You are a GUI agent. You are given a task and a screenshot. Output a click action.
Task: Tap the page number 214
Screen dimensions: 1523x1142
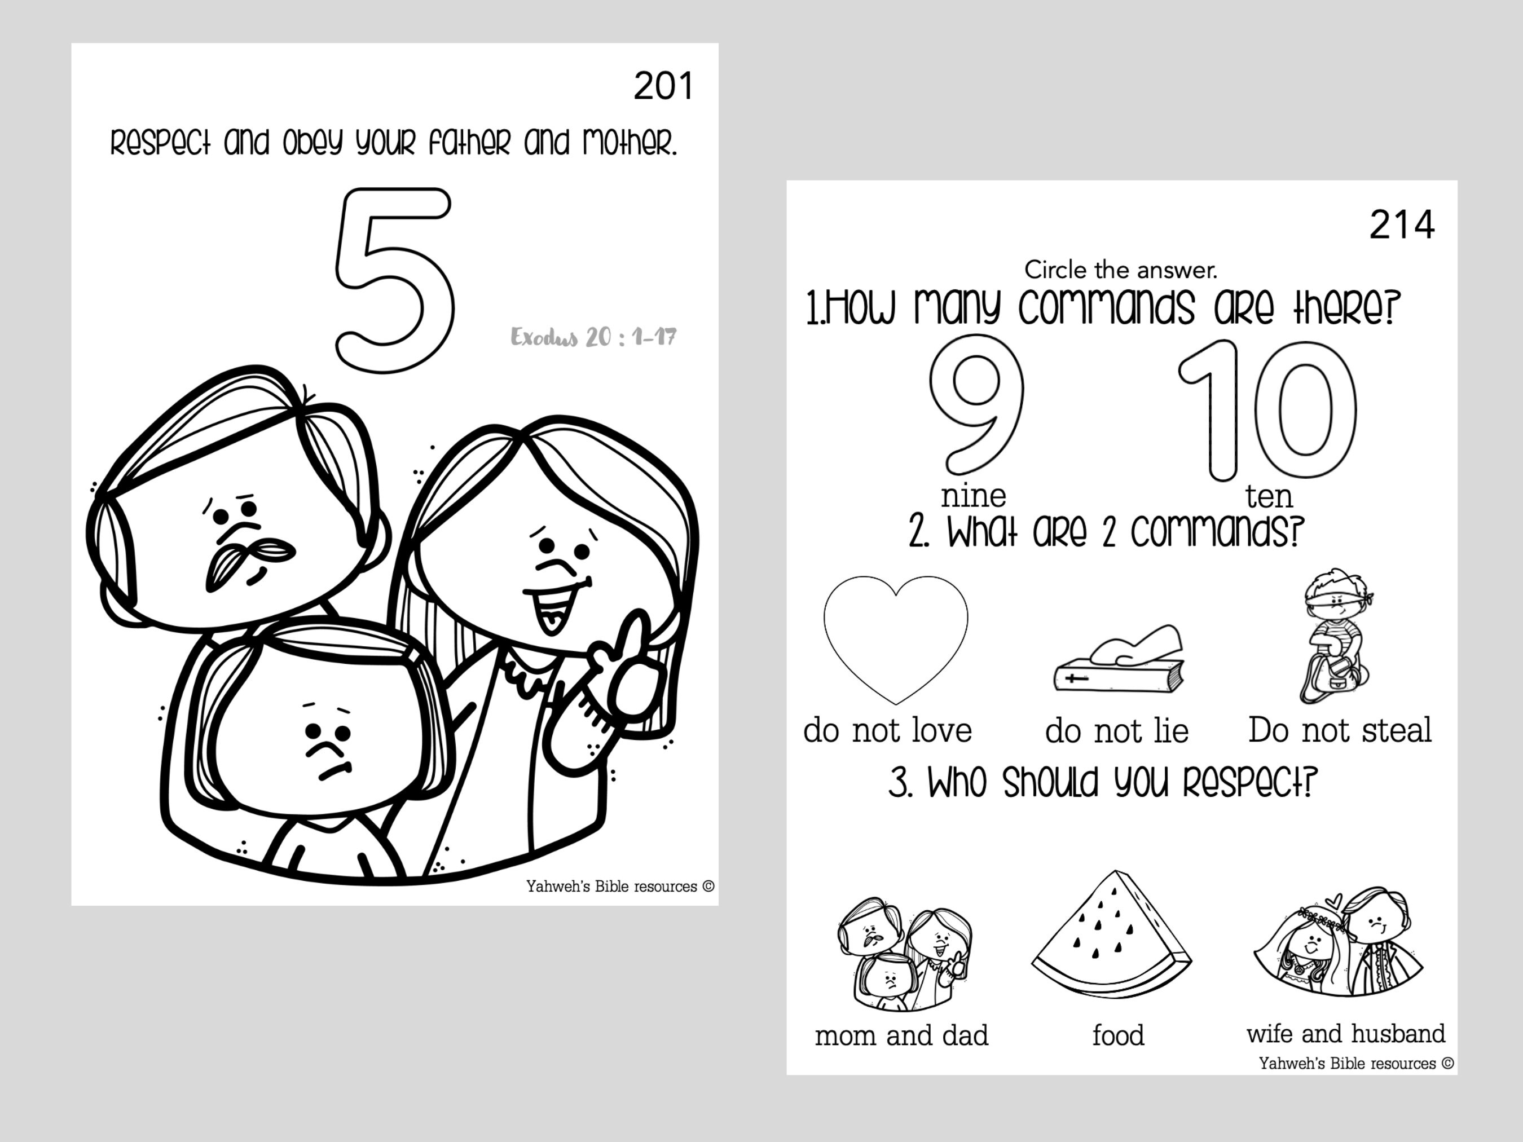pyautogui.click(x=1402, y=225)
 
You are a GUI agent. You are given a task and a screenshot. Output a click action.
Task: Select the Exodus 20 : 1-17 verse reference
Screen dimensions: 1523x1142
pyautogui.click(x=593, y=337)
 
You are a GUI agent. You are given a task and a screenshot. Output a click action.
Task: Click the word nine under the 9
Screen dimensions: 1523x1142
pyautogui.click(x=974, y=496)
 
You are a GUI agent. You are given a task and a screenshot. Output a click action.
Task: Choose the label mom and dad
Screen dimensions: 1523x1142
pyautogui.click(x=901, y=1035)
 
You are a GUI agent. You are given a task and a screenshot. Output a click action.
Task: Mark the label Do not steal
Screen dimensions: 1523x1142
pyautogui.click(x=1340, y=730)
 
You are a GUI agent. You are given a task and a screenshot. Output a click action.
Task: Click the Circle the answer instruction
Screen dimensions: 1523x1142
pyautogui.click(x=1120, y=269)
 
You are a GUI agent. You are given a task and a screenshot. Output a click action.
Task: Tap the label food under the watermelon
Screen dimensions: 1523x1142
pyautogui.click(x=1118, y=1035)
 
